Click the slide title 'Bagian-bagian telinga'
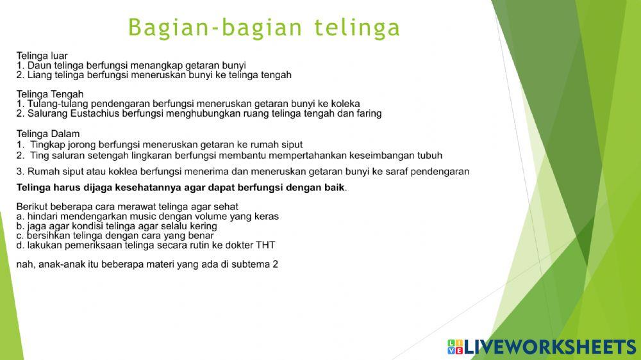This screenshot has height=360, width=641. point(264,28)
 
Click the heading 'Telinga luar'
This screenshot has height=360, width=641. point(42,56)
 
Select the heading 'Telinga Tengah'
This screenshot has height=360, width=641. point(50,94)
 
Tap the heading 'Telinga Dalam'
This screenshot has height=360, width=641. point(48,134)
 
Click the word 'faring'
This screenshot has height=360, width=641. point(367,113)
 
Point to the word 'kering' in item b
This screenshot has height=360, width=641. point(203,226)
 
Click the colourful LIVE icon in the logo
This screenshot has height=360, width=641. point(455,347)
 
